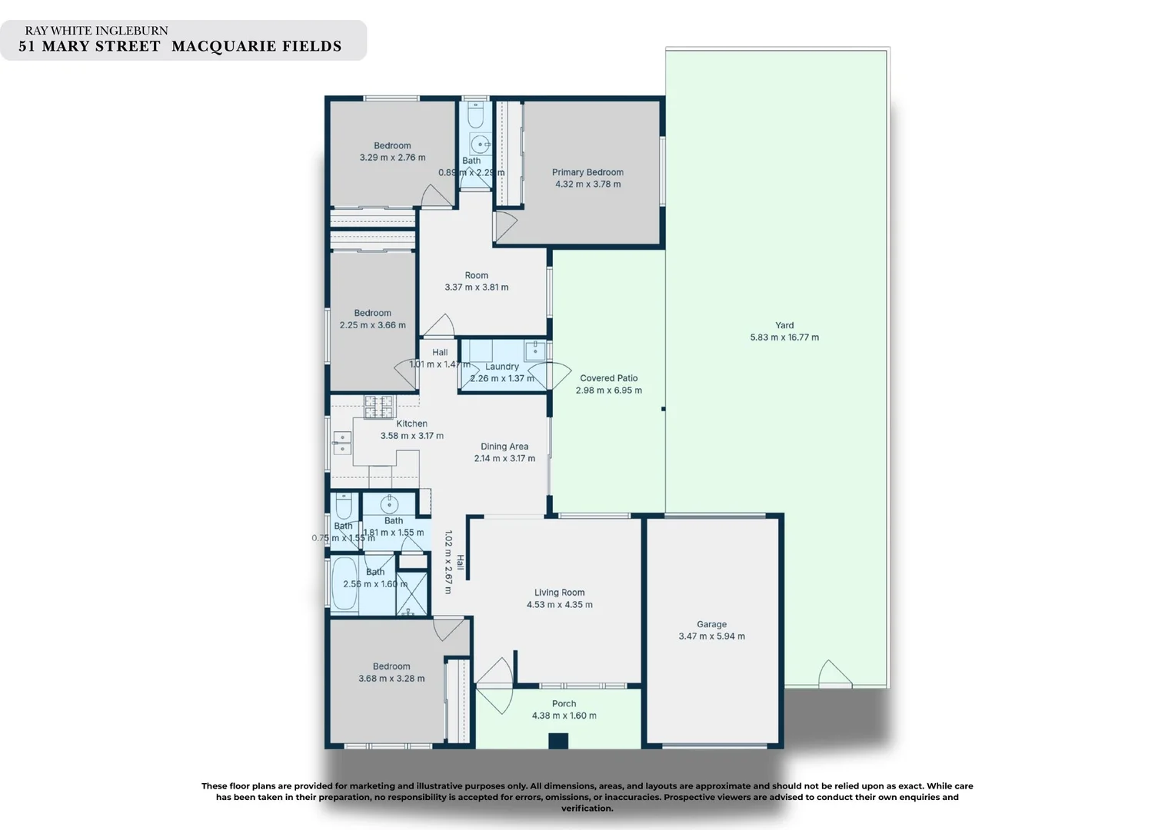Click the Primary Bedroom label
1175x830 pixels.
click(587, 172)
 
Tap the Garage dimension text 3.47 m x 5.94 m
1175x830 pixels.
click(711, 636)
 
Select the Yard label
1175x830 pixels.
click(784, 325)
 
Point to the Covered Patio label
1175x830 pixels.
click(608, 378)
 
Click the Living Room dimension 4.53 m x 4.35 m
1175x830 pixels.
click(559, 605)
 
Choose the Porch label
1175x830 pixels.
click(564, 703)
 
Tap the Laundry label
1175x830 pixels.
click(501, 367)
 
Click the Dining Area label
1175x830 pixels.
click(504, 447)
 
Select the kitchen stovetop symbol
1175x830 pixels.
click(378, 407)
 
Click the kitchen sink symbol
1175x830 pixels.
click(341, 443)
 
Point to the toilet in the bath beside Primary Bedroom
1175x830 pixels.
click(476, 115)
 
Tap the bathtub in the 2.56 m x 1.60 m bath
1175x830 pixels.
click(345, 584)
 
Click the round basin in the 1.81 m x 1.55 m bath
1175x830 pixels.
click(389, 505)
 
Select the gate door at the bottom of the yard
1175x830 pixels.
click(834, 675)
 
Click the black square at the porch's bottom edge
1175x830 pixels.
click(558, 741)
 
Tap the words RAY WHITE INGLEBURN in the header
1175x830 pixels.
click(96, 31)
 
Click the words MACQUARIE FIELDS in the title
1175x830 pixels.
click(256, 47)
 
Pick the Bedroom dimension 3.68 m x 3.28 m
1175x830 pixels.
click(391, 679)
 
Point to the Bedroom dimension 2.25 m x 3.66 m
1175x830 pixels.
click(372, 325)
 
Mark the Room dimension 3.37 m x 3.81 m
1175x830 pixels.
click(476, 287)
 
